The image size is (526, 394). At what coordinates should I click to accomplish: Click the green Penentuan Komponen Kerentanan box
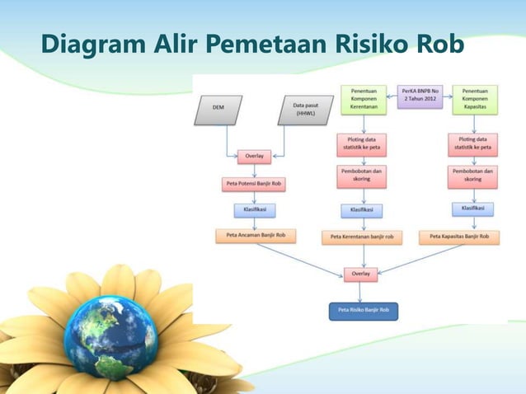(364, 99)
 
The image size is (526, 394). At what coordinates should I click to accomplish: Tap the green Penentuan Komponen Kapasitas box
(474, 99)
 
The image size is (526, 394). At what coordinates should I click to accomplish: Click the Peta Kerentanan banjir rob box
(362, 237)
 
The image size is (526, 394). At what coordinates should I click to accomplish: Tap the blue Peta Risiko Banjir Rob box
(364, 311)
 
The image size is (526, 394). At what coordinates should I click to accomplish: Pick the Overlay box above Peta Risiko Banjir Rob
(362, 272)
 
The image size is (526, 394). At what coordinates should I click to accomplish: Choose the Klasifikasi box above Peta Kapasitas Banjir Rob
(472, 209)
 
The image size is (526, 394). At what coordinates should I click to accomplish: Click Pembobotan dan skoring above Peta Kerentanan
(361, 175)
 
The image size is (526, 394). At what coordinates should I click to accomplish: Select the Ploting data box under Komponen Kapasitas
(472, 144)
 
